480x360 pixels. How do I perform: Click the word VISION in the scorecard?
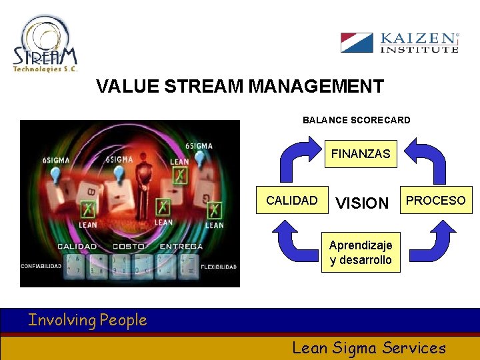tap(361, 203)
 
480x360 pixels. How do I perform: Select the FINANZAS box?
tap(361, 154)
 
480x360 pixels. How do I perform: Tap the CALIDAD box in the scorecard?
tap(292, 200)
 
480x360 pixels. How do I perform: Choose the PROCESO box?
tap(436, 200)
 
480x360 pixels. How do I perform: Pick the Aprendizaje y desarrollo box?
tap(361, 253)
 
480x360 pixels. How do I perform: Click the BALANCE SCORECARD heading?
tap(357, 121)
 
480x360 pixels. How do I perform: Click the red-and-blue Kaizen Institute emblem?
tap(357, 43)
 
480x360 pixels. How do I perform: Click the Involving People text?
tap(87, 321)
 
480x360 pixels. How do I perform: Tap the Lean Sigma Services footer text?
tap(369, 347)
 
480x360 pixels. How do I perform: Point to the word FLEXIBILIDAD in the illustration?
tap(218, 267)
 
